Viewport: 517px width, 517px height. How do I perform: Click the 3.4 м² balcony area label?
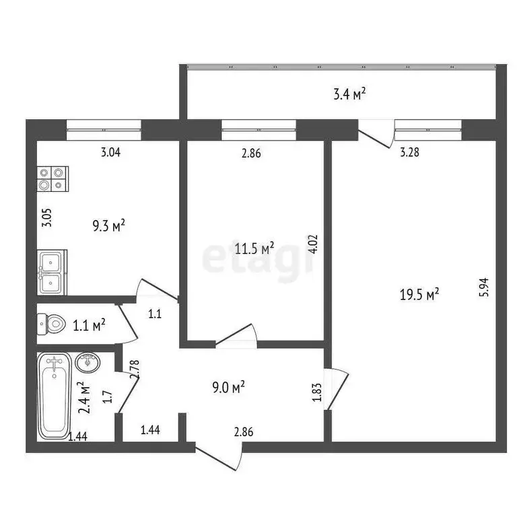[349, 94]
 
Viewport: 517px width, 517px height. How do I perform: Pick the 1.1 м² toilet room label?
[90, 326]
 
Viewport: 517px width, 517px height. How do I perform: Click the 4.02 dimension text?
[314, 243]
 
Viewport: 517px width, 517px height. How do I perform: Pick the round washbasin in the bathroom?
[88, 362]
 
